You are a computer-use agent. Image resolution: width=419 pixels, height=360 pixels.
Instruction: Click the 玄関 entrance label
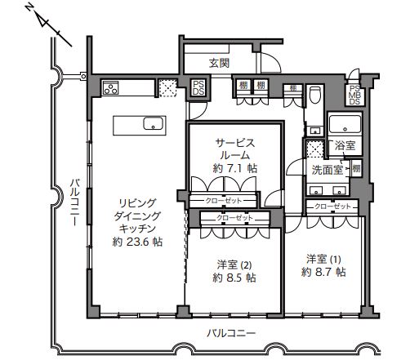219,63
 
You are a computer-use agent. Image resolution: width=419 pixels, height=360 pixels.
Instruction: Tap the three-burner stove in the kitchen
110,87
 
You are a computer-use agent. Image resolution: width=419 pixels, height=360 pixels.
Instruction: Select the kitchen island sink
154,123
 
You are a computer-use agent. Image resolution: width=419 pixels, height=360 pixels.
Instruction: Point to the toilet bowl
315,95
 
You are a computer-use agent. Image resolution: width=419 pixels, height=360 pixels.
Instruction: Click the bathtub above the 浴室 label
345,124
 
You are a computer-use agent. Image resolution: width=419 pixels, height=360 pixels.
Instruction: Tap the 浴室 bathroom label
345,145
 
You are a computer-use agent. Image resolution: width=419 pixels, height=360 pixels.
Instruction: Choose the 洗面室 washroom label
327,170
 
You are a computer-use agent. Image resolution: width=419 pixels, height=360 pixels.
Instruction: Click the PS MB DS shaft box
354,96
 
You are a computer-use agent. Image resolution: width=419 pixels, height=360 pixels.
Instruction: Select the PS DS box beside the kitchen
198,88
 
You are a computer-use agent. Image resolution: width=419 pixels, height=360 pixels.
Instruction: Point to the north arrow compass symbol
49,26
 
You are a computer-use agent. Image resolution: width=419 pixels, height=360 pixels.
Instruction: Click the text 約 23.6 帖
137,242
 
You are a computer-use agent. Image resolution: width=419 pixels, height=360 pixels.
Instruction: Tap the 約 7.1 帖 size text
235,168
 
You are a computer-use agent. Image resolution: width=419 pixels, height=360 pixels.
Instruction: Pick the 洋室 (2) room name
234,264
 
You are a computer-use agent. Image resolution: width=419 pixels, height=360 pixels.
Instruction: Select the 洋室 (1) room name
323,260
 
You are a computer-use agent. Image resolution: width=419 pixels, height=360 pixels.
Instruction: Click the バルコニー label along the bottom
231,333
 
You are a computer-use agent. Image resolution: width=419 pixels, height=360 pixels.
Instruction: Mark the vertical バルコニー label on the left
74,202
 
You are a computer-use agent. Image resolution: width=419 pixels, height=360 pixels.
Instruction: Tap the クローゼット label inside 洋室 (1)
332,207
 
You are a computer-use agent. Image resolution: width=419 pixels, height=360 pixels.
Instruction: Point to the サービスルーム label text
235,149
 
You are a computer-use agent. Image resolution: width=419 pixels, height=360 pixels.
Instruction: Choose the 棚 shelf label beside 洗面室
356,169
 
